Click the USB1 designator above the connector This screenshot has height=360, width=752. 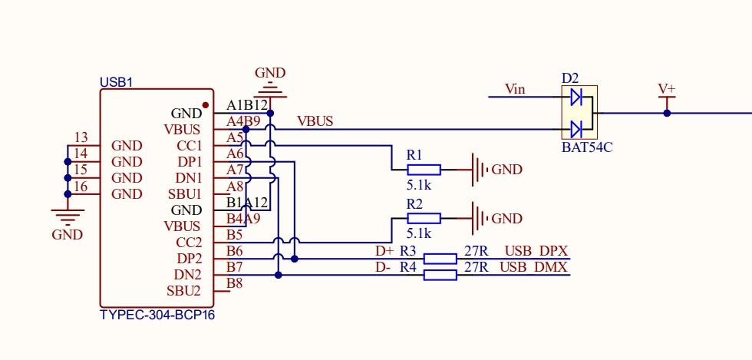[116, 82]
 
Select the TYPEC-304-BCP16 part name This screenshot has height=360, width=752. [157, 315]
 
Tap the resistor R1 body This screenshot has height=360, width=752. [424, 170]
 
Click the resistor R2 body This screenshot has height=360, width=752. [424, 219]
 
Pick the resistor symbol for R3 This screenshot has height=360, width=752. [440, 259]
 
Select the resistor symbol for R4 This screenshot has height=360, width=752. [440, 275]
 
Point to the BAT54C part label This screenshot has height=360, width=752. [587, 147]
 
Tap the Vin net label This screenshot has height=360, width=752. [515, 89]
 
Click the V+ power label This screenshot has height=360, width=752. [667, 89]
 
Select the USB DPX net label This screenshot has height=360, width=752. [536, 251]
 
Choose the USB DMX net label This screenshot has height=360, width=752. [534, 267]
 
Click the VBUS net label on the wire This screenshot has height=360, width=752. [315, 121]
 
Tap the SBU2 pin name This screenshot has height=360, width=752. [184, 291]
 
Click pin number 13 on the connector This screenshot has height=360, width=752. [80, 137]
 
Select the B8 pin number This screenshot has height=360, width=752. [235, 283]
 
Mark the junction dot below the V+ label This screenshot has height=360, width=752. [667, 113]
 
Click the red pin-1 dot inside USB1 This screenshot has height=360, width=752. [206, 105]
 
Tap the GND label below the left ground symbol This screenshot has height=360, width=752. [67, 235]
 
